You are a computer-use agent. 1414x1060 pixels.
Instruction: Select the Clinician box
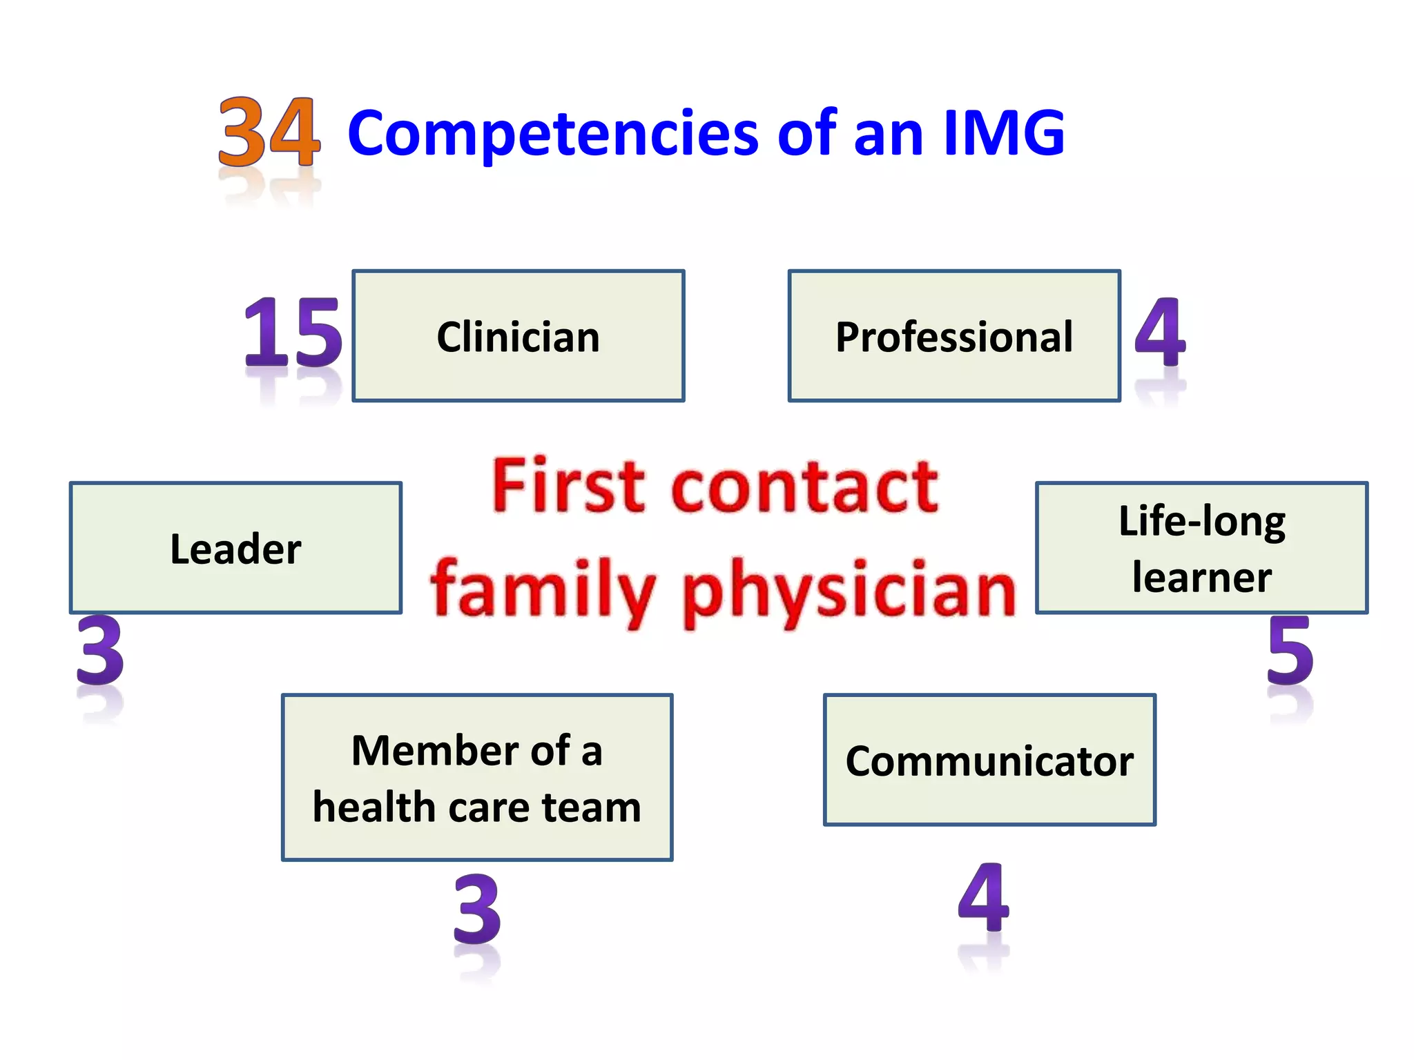(518, 336)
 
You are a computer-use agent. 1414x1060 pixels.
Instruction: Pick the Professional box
(953, 336)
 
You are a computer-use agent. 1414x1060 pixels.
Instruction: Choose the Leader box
(235, 548)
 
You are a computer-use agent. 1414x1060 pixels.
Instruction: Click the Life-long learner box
(1201, 548)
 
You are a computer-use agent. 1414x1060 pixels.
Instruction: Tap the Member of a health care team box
(477, 778)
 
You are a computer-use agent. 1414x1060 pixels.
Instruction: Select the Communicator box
(989, 760)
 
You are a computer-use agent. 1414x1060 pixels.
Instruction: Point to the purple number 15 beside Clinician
(293, 333)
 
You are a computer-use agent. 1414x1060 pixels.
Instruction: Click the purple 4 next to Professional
(1161, 333)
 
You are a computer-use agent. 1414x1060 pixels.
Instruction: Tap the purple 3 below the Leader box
(100, 650)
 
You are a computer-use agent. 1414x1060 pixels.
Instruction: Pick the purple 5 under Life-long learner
(1290, 650)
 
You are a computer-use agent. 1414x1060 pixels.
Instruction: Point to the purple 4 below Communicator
(984, 897)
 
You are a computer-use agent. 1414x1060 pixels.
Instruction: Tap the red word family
(543, 591)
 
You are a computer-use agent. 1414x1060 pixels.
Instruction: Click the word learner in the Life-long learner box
(1201, 577)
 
